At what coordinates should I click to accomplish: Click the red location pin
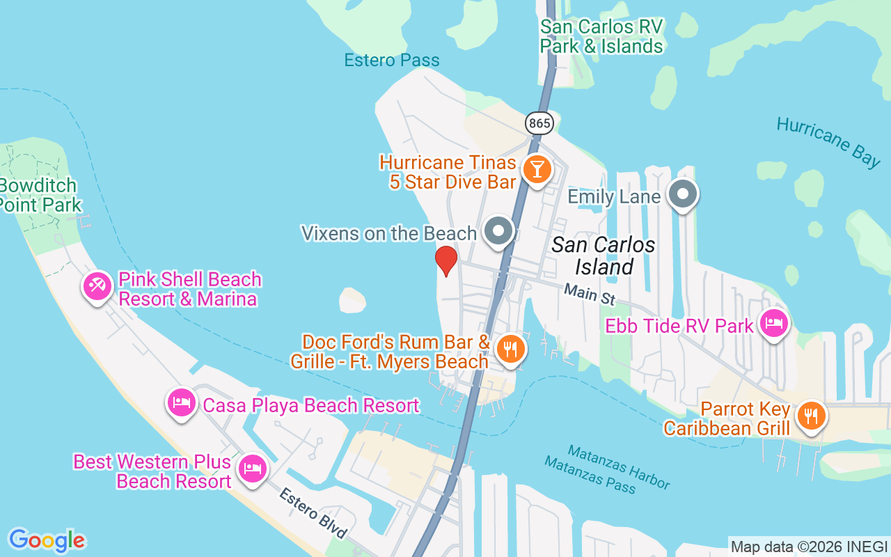point(445,261)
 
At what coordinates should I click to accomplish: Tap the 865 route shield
point(539,124)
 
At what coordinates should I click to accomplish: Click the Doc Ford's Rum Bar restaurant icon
point(512,349)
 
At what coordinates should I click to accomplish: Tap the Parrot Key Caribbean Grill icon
point(810,416)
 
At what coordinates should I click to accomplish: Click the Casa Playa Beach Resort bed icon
point(182,403)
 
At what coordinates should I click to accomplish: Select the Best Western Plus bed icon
point(251,469)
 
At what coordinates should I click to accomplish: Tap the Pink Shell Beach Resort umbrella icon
point(97,285)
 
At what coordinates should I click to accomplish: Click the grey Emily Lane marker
point(683,194)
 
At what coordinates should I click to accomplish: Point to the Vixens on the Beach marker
point(498,231)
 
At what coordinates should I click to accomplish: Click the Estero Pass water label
point(392,61)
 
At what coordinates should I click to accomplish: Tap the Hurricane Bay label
point(828,141)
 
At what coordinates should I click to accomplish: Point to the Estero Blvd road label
point(313,513)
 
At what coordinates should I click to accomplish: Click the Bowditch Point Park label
point(40,196)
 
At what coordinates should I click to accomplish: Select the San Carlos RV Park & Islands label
point(602,36)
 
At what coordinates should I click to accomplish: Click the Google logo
point(47,540)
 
